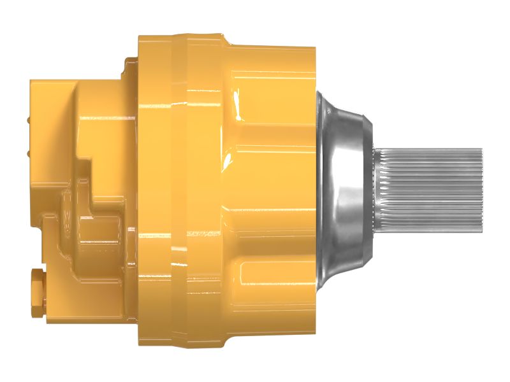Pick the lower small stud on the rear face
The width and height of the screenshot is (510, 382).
[29, 153]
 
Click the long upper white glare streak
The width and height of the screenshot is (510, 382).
[237, 105]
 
